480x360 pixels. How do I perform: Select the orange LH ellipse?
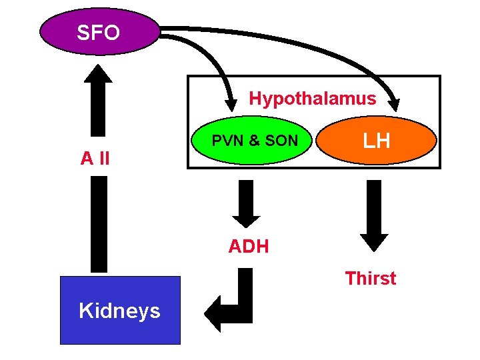click(x=376, y=142)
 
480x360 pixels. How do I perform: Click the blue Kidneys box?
click(x=120, y=310)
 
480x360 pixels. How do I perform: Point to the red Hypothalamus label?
click(x=312, y=99)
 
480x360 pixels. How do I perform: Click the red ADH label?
click(x=248, y=247)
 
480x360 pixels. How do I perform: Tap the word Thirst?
click(x=370, y=278)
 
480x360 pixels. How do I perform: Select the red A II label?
click(x=95, y=159)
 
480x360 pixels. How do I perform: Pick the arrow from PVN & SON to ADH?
click(x=246, y=203)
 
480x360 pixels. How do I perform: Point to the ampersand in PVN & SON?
click(x=254, y=141)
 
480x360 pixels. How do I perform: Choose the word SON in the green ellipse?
click(x=281, y=141)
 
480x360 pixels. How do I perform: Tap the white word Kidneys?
click(x=120, y=311)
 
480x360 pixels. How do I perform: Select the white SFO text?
click(x=99, y=33)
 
